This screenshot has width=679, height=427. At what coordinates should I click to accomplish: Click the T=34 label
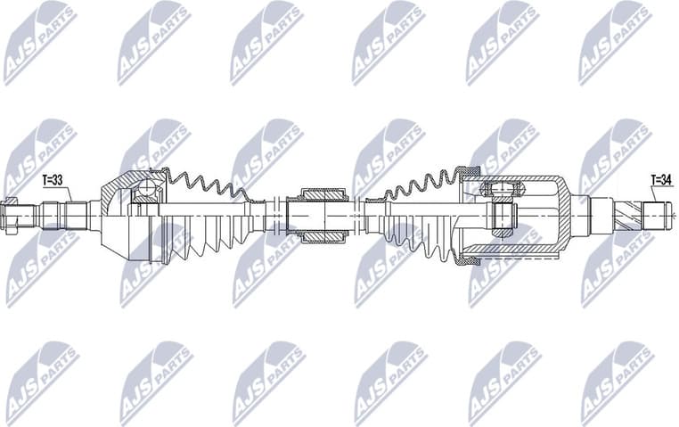click(x=661, y=178)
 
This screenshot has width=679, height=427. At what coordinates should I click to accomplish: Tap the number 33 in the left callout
click(x=61, y=180)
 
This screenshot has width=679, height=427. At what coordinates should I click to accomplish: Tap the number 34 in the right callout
click(x=667, y=178)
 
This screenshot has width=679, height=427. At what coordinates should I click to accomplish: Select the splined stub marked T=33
click(x=76, y=215)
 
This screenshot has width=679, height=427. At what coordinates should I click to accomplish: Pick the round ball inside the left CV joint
click(x=147, y=190)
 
